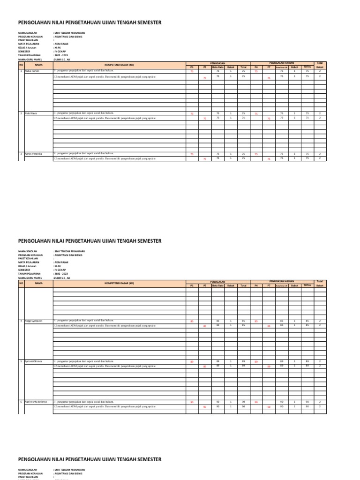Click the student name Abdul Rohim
pos(32,71)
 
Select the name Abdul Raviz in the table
pos(31,114)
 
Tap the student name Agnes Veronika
pos(34,154)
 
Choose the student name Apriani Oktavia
pos(34,361)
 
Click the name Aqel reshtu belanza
pos(36,402)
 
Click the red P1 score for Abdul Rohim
pos(192,72)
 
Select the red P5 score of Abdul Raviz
pos(204,119)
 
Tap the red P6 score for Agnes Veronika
pos(256,154)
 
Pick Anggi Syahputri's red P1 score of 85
pos(192,322)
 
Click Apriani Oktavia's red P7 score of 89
pos(269,367)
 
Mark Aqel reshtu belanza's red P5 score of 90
pos(204,407)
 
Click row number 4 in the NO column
pos(21,321)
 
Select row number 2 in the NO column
pos(21,114)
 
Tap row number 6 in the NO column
pos(21,402)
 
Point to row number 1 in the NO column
pos(21,71)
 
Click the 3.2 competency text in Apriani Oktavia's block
pos(104,366)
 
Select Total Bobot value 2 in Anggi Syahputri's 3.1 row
pos(320,321)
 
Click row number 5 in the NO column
pos(21,361)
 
